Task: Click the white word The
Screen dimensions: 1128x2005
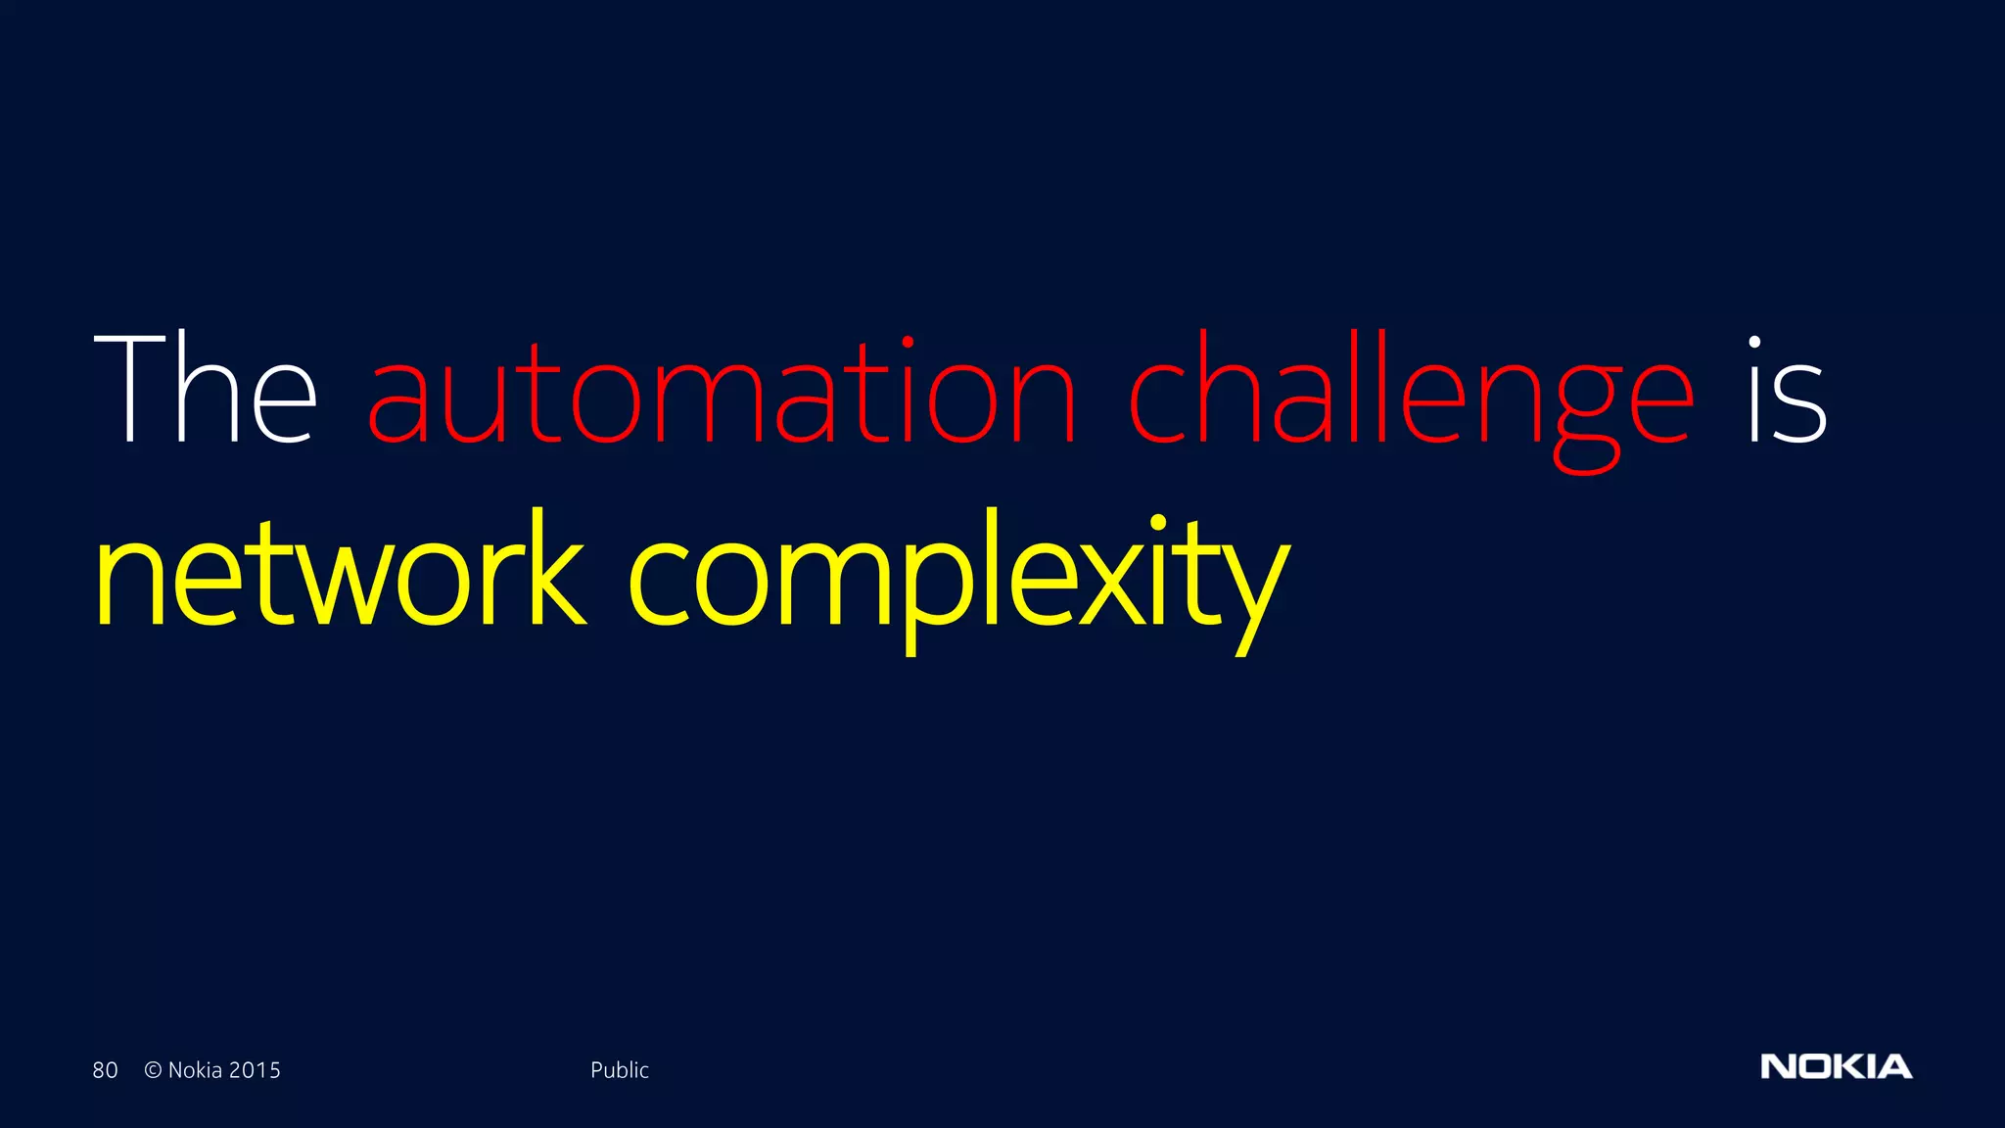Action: pos(206,390)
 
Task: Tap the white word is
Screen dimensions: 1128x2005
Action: pos(1787,392)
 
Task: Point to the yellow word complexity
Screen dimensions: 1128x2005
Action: pos(957,578)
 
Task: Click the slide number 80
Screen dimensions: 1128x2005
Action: pos(105,1070)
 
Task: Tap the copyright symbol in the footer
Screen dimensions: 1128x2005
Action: pos(153,1070)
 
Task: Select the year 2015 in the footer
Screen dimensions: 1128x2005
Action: pos(255,1070)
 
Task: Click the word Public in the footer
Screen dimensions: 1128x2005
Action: pos(619,1070)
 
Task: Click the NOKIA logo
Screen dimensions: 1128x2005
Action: pos(1836,1066)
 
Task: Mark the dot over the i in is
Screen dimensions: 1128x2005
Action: pos(1754,343)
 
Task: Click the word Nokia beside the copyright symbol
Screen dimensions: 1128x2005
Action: pos(195,1070)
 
